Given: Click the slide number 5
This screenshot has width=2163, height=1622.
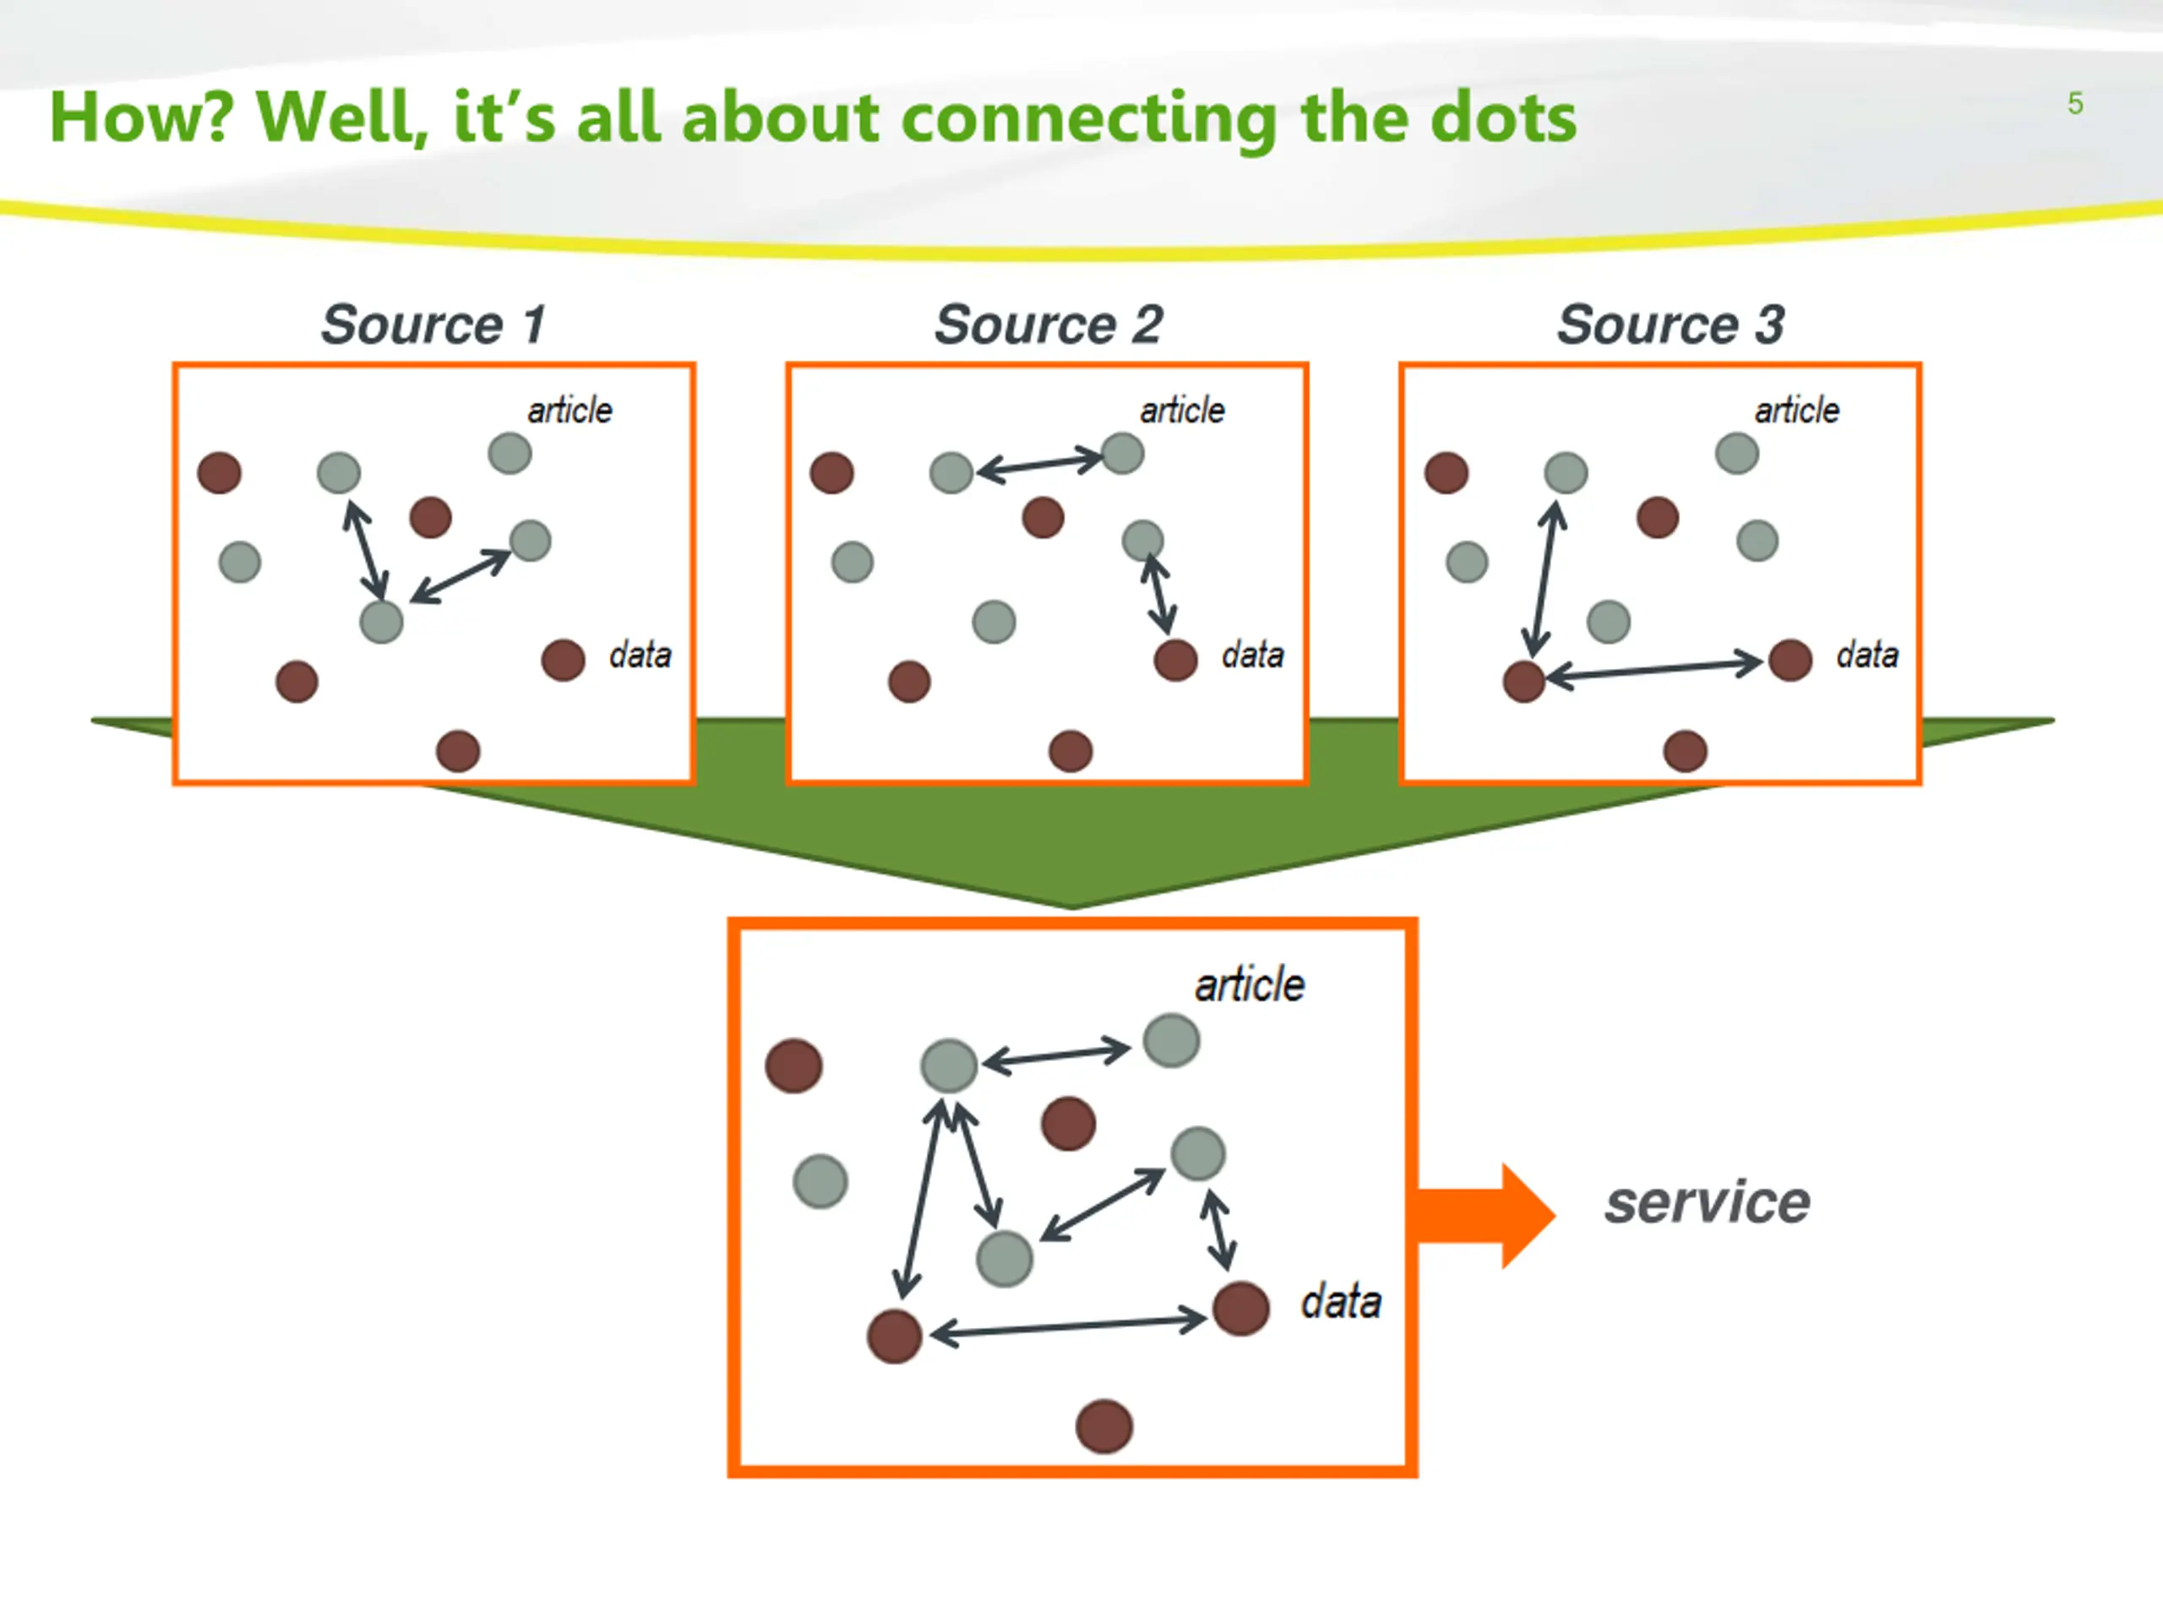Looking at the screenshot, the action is coord(2075,104).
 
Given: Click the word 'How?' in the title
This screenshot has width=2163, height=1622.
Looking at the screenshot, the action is coord(142,117).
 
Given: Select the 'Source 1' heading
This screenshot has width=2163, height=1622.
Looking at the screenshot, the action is coord(434,324).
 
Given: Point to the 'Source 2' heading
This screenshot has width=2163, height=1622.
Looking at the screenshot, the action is coord(1049,324).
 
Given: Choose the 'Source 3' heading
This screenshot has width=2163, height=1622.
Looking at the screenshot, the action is coord(1671,324).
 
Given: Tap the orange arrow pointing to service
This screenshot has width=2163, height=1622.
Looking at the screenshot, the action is coord(1485,1216).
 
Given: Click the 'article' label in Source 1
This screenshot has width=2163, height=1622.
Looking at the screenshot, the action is coord(570,410).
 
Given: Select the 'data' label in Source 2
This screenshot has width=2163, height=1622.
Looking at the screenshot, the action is coord(1253,654).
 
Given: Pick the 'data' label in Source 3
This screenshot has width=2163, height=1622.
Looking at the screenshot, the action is coord(1866,654).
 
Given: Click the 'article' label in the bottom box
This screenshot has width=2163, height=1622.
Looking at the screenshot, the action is coord(1250,984).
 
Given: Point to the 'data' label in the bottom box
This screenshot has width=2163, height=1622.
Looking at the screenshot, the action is coord(1341,1303).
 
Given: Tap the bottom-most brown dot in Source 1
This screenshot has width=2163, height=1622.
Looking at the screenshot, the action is coord(458,751).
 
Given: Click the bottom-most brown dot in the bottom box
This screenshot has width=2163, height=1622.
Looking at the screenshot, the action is coord(1104,1427).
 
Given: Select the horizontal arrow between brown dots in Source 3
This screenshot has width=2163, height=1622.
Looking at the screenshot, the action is coord(1654,670).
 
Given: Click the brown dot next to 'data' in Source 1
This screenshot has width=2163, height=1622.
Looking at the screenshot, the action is coord(564,660).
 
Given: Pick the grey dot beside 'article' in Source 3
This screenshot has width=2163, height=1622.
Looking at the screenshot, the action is coord(1736,453).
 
